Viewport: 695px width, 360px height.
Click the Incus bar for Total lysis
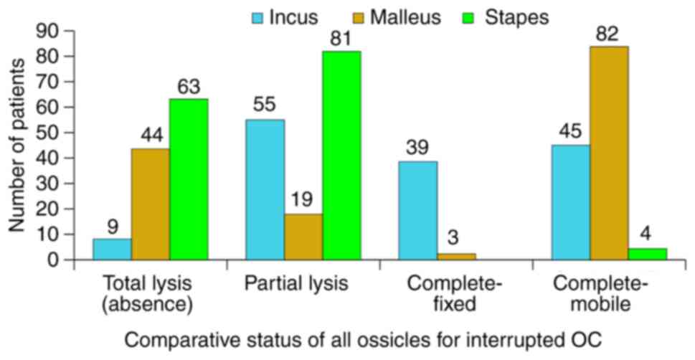click(x=112, y=249)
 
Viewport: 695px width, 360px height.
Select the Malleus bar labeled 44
click(x=151, y=204)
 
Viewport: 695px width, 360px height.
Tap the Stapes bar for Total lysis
click(x=189, y=179)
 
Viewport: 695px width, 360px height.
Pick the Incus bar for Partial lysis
click(x=265, y=189)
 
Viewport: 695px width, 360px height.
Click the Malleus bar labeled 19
click(x=303, y=237)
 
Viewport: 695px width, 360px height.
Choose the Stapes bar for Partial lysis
click(x=341, y=155)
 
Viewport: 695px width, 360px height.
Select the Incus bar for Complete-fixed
click(x=418, y=210)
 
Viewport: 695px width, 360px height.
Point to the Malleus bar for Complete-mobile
click(x=609, y=153)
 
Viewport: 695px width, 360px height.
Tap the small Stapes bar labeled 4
click(x=648, y=254)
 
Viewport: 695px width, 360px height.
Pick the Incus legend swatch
click(x=257, y=18)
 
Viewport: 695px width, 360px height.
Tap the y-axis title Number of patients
click(x=16, y=146)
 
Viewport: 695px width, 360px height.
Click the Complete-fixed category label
click(x=455, y=295)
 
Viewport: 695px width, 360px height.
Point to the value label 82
click(x=607, y=34)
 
